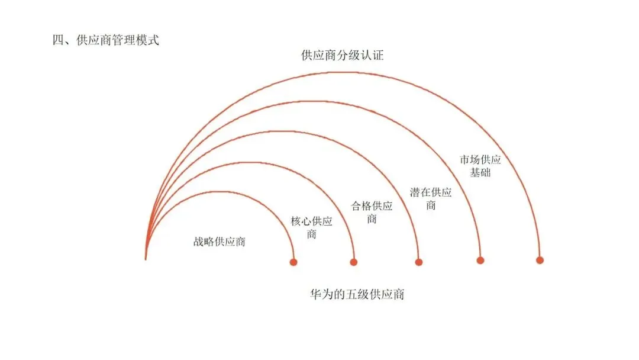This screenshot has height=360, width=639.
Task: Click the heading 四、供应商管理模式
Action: tap(106, 42)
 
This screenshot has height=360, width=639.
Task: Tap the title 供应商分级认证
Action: tap(343, 56)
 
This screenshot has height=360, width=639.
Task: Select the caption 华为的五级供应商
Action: tap(357, 294)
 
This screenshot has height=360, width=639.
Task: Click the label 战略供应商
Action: tap(219, 242)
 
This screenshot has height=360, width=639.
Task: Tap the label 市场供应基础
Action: tap(480, 166)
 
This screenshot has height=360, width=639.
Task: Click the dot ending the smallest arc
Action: tap(293, 262)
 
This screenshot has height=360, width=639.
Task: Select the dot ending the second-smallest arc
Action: tap(354, 262)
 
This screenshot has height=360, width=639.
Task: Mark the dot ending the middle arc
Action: tap(419, 262)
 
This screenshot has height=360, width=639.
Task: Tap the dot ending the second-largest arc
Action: tap(480, 260)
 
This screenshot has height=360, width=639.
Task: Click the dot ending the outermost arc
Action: tap(540, 260)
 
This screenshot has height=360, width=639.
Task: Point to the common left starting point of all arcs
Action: tap(146, 257)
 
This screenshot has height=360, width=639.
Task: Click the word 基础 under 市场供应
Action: tap(480, 173)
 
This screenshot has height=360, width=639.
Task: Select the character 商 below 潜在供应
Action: tap(431, 205)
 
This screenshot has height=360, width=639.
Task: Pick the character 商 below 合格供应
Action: tap(372, 219)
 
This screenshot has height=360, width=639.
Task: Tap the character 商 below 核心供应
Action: tap(312, 234)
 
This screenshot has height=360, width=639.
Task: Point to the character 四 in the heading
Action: tap(58, 42)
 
